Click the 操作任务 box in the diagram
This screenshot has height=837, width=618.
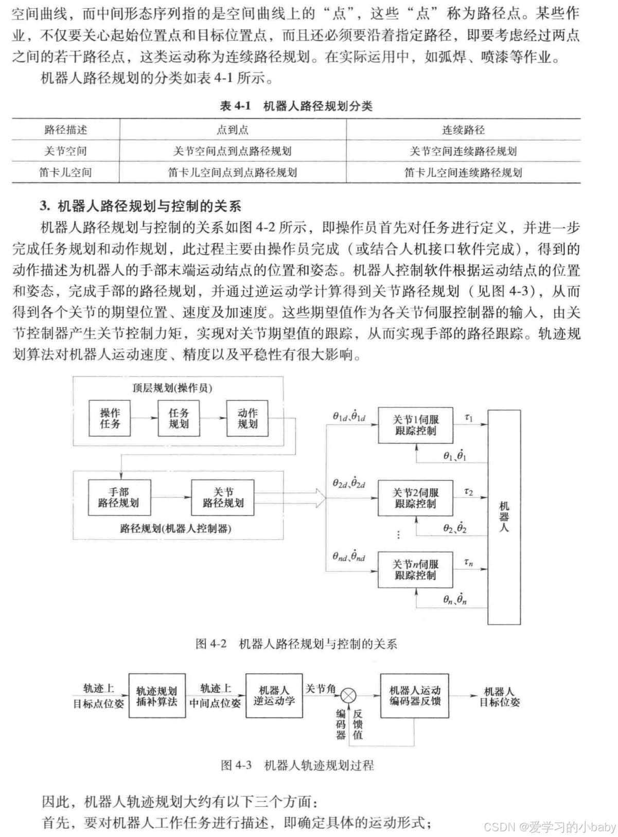click(x=110, y=418)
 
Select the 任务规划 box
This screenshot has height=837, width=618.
click(x=179, y=418)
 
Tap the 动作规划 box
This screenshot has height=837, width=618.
click(x=248, y=418)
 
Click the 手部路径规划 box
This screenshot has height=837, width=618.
click(x=119, y=497)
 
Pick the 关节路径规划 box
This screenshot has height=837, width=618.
click(x=222, y=497)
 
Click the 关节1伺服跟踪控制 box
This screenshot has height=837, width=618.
click(x=415, y=425)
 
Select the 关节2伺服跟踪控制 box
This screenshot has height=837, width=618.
click(x=415, y=498)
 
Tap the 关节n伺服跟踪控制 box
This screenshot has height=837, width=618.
click(x=415, y=569)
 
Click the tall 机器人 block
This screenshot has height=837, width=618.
click(x=504, y=517)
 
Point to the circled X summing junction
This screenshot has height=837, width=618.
click(x=349, y=696)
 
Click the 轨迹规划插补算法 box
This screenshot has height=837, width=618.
click(x=157, y=696)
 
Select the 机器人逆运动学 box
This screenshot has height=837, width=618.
click(x=274, y=696)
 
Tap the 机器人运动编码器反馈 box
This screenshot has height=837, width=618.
click(x=415, y=696)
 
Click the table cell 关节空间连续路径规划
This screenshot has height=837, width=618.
click(x=463, y=151)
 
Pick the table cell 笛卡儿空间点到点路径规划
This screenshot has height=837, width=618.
click(x=233, y=172)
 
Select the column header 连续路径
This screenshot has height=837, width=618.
click(x=463, y=130)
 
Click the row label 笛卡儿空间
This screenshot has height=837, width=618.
click(x=65, y=172)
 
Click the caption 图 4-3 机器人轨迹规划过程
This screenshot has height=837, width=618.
click(x=297, y=765)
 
